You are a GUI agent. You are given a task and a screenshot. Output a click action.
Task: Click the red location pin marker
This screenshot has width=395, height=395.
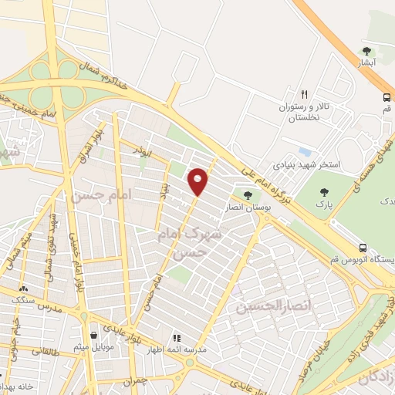tap(198, 181)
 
